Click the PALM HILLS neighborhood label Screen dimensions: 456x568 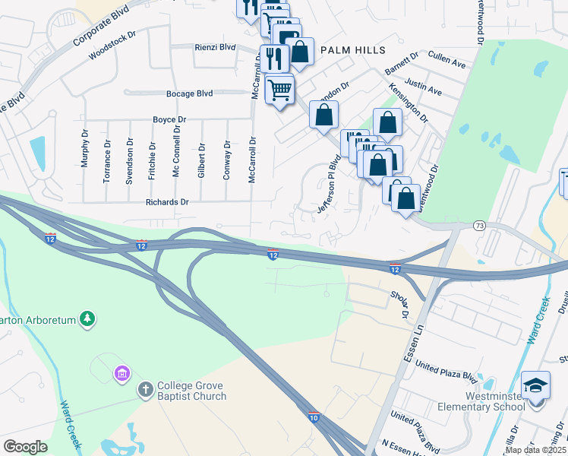353,50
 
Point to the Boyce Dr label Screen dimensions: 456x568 169,120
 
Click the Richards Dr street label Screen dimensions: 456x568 166,202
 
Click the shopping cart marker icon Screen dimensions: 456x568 280,90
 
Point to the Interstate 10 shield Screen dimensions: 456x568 314,416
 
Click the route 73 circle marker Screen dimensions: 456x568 478,226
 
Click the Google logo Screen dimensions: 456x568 25,447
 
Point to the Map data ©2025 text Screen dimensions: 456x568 536,450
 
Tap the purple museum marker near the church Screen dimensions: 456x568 121,373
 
